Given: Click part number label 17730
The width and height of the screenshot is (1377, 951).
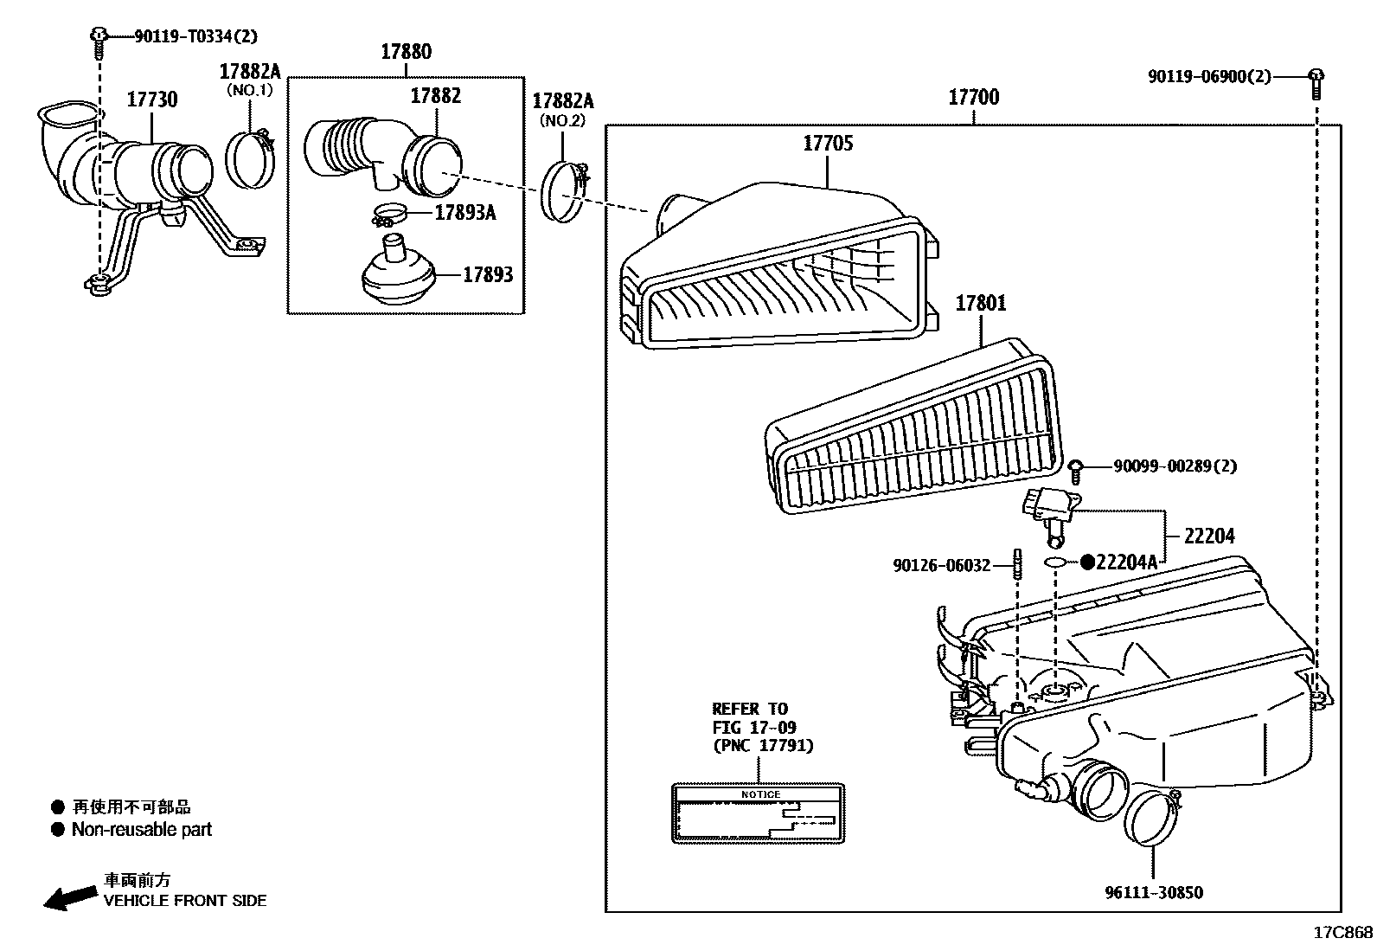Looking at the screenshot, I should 152,100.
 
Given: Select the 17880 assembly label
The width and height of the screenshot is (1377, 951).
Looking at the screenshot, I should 406,52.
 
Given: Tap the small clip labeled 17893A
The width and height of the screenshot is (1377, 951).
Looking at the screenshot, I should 389,212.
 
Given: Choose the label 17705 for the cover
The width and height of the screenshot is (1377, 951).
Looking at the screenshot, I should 828,143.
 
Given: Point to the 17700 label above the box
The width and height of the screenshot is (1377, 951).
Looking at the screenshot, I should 973,97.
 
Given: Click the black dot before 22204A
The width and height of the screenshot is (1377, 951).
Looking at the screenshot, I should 1087,562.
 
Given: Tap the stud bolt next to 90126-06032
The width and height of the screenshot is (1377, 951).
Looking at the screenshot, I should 1017,566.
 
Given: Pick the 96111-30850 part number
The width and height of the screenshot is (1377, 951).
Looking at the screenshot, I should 1153,892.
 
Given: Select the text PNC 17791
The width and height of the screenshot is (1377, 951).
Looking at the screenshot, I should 763,745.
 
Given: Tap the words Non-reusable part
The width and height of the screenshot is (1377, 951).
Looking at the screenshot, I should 141,829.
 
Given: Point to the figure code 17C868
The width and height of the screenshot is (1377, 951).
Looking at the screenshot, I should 1342,932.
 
